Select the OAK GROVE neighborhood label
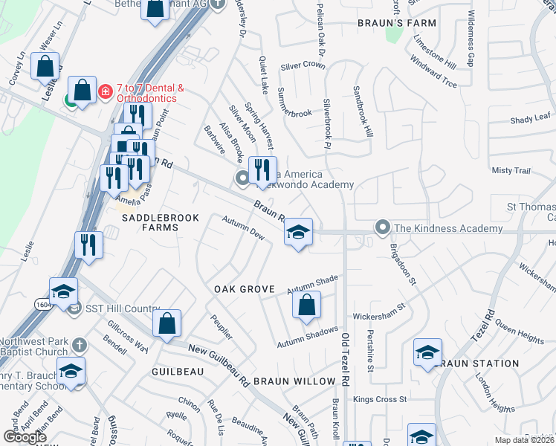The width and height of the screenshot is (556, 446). click(245, 288)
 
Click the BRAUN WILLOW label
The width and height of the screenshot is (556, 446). click(294, 381)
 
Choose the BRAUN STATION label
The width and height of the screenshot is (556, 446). click(479, 363)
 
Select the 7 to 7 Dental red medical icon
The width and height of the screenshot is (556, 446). click(106, 91)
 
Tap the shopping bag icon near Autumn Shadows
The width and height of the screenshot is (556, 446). click(306, 305)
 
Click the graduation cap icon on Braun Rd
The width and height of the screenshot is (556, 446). click(298, 233)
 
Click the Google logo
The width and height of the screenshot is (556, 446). click(25, 437)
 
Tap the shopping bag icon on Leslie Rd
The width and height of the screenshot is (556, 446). click(45, 66)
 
